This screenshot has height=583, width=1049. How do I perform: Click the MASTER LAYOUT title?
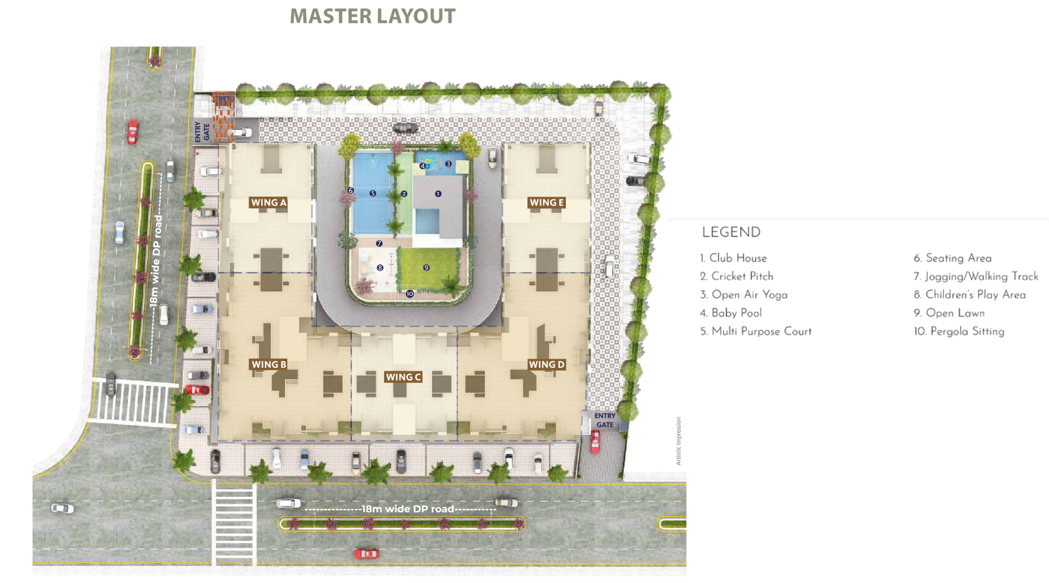click(x=372, y=16)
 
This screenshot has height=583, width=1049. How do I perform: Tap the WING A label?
click(x=269, y=203)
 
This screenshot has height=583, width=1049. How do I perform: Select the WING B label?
click(x=269, y=365)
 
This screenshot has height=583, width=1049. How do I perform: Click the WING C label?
click(x=403, y=377)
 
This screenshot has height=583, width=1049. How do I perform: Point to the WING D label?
click(x=547, y=365)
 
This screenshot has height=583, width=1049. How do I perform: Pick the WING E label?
click(x=547, y=203)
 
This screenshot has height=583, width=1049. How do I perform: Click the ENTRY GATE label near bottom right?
click(x=604, y=420)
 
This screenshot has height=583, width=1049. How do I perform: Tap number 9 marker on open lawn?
click(x=426, y=268)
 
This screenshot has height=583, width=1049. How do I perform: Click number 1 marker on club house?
click(x=438, y=193)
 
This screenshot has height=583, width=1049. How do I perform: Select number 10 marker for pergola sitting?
click(x=410, y=294)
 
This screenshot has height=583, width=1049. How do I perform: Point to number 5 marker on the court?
click(x=372, y=193)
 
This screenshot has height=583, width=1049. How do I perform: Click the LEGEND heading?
click(x=731, y=233)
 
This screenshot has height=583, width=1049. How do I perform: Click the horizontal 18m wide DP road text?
click(x=407, y=509)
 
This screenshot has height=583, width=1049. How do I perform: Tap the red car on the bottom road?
click(x=366, y=553)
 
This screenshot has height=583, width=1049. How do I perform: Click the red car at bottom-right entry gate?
click(x=595, y=441)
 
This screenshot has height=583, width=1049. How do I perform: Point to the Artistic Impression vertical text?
click(x=679, y=441)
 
